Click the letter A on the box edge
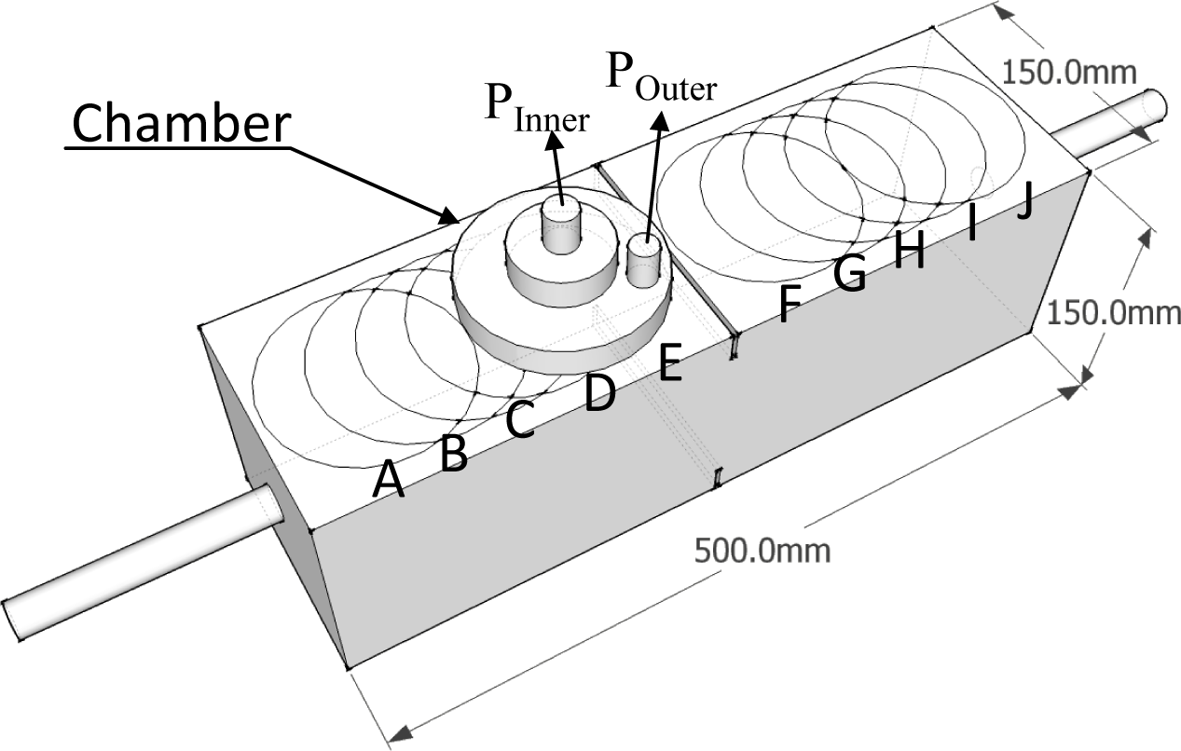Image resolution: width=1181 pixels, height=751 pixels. click(389, 481)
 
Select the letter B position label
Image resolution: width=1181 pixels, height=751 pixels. click(453, 454)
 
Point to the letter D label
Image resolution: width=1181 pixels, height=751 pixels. click(599, 393)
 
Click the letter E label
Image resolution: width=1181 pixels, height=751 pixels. click(670, 362)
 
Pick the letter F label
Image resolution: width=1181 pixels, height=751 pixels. click(789, 304)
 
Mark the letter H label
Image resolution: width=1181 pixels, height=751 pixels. click(909, 251)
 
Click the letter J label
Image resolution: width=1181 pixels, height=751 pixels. click(1024, 201)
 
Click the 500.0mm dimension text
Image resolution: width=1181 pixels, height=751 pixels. click(762, 551)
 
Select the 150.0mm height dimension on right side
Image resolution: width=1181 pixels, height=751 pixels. click(1113, 313)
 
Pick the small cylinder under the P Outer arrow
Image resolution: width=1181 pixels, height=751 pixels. click(643, 260)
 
